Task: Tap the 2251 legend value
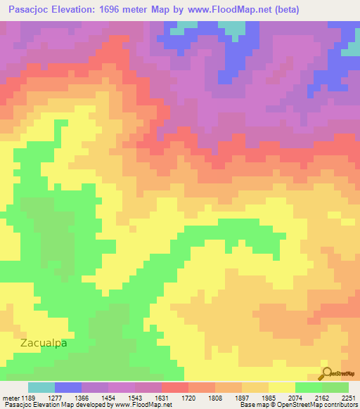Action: [x=348, y=398]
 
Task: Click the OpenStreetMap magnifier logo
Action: [x=327, y=374]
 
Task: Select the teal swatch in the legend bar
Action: [x=41, y=387]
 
